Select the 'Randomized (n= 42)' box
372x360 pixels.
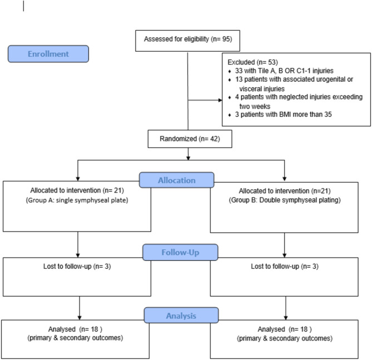189,139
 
